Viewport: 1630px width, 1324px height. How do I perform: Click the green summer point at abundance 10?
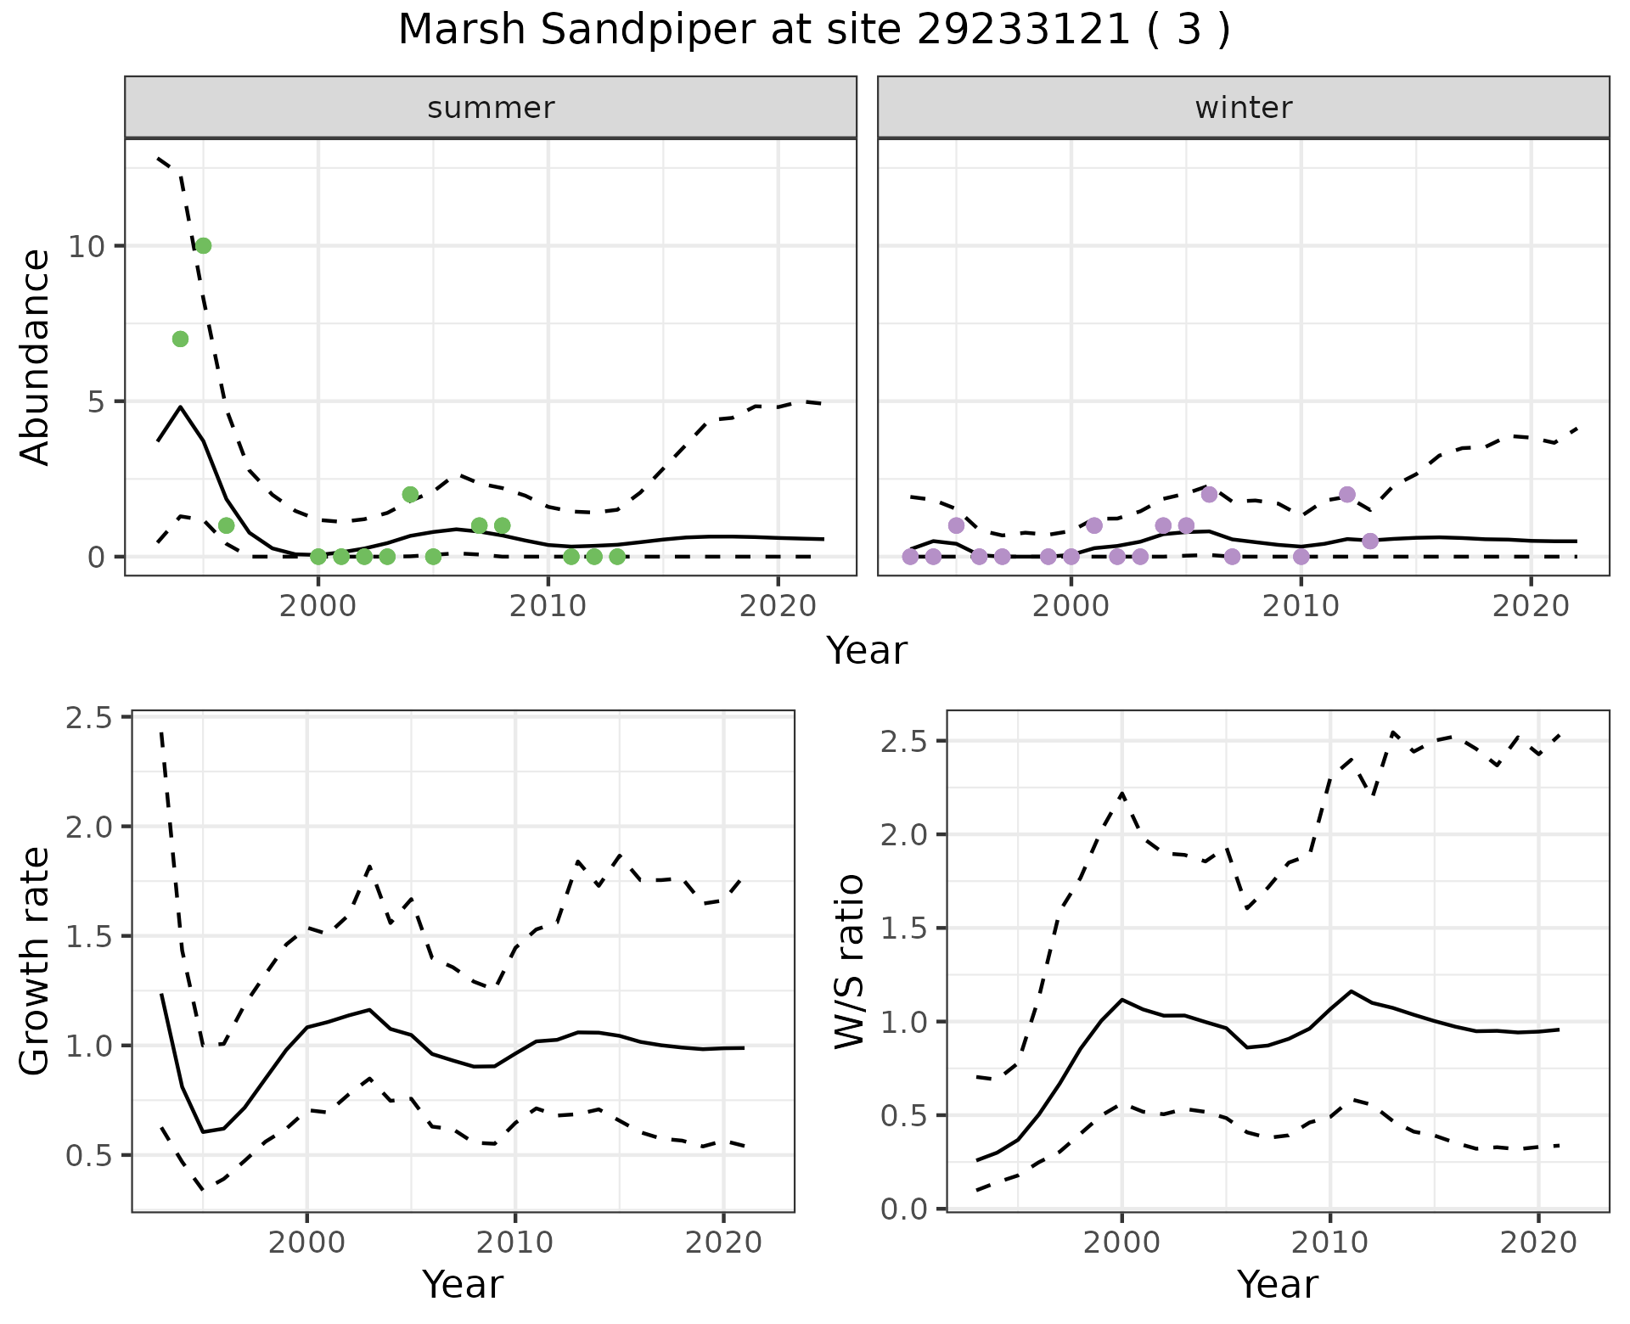(203, 246)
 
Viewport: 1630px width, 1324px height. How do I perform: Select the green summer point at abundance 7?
(180, 339)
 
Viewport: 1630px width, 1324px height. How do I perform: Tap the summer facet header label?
(491, 108)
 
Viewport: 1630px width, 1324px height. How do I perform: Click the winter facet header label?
(1243, 108)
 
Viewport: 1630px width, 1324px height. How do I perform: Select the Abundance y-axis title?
(36, 357)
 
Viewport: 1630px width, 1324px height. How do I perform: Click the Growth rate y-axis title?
(36, 961)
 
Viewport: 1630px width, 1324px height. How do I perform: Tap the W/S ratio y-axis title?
(849, 961)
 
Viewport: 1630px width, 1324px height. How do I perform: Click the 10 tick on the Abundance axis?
(87, 247)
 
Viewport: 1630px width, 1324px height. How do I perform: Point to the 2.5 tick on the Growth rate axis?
(87, 718)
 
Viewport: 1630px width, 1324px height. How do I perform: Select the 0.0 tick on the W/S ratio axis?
(904, 1209)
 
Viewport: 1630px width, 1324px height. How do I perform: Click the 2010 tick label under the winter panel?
(1301, 607)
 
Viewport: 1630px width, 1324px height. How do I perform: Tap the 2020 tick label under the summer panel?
(778, 607)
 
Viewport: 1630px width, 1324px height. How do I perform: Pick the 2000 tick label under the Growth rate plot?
(306, 1243)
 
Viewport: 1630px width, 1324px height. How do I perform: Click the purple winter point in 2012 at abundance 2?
(1347, 495)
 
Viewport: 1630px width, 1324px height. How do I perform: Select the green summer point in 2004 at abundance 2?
(410, 495)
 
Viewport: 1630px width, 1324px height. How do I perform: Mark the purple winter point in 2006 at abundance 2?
(1210, 495)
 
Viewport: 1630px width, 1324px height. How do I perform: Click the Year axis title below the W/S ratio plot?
(1277, 1285)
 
